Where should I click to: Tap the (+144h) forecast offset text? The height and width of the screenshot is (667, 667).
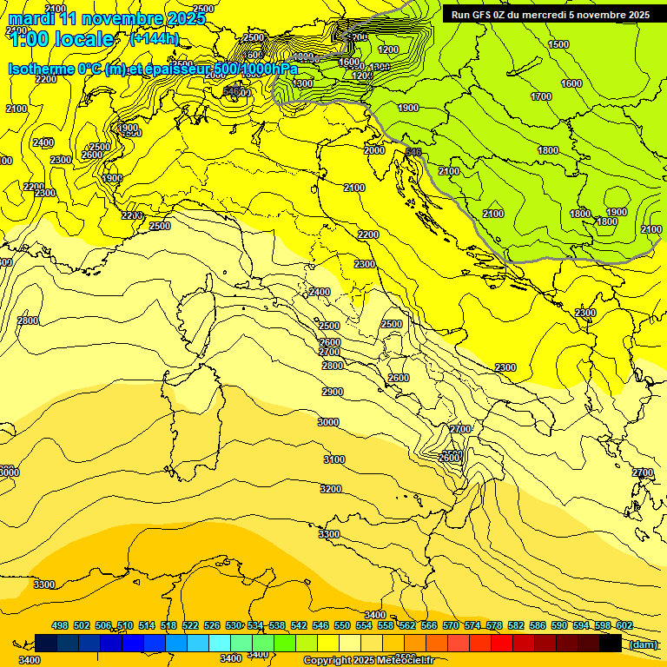tap(154, 38)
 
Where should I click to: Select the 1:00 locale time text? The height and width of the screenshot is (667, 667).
tap(61, 39)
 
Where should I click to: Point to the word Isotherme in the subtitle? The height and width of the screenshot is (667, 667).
tap(41, 69)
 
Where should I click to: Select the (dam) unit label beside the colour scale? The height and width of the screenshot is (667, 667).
tap(643, 644)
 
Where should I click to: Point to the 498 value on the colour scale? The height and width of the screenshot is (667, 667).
tap(60, 626)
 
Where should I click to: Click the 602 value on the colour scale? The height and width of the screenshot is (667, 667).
tap(624, 626)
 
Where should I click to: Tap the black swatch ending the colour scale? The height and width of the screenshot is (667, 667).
tap(611, 643)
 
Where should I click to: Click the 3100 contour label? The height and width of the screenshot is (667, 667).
tap(333, 459)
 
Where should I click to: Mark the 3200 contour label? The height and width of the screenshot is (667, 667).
tap(330, 489)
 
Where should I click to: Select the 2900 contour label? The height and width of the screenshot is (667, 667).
tap(333, 392)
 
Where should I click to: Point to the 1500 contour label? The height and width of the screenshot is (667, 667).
tap(558, 44)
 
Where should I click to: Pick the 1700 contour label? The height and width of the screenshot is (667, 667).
tap(541, 96)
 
